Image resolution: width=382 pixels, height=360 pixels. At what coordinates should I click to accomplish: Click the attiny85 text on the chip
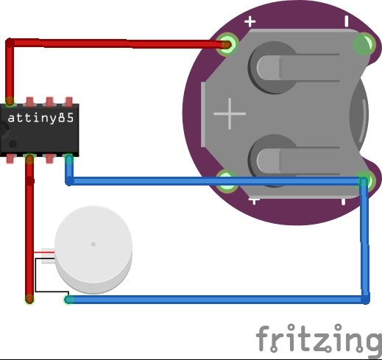coord(40,118)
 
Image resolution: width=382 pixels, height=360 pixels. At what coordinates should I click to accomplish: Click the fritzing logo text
coord(319,339)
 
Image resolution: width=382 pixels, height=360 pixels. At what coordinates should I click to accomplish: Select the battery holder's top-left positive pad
coord(227,45)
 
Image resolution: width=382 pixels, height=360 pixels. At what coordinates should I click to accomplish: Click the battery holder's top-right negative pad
coord(364,44)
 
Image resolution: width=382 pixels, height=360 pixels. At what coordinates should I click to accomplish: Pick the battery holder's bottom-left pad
coord(227,182)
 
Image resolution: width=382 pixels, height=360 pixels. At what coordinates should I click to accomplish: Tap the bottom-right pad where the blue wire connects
coord(364,182)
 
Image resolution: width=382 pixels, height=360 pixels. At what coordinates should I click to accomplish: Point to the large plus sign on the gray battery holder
coord(230,113)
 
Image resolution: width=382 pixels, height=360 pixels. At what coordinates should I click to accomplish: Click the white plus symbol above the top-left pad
coord(250,21)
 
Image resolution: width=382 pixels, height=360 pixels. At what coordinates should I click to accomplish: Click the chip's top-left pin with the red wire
coord(10,102)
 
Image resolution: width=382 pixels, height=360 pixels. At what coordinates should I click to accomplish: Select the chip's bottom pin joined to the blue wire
coord(69,159)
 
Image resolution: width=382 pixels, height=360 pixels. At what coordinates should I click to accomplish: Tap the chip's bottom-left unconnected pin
coord(10,158)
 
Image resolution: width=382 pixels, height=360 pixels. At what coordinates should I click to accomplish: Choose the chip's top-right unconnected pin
coord(69,102)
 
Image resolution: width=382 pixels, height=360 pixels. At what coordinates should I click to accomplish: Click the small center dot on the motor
coord(93,244)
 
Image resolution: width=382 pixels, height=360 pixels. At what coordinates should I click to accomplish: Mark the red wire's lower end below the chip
coord(29,299)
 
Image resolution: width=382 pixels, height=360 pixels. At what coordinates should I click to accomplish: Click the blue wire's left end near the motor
coord(69,300)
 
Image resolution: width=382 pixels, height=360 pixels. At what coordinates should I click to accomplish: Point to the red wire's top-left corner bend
coord(10,43)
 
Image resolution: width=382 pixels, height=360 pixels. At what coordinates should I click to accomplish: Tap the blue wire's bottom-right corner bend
coord(365,300)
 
